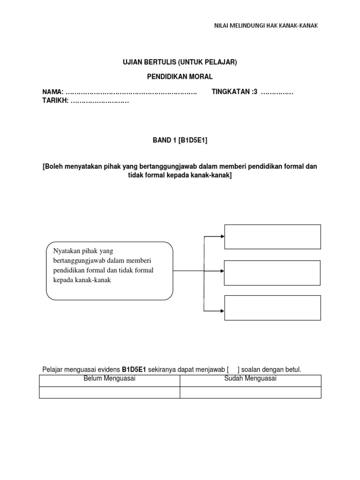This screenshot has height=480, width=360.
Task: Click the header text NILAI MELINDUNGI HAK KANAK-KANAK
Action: point(266,25)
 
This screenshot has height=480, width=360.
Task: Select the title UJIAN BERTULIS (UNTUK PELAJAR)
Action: point(180,62)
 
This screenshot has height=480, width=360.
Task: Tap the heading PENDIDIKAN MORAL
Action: point(180,76)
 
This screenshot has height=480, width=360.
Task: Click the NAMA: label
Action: point(52,92)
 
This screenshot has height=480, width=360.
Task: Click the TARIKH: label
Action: point(56,101)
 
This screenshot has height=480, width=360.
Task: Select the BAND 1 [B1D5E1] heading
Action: point(180,140)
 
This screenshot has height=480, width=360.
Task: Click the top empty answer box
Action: point(273,237)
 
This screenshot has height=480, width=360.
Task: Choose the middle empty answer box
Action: point(273,273)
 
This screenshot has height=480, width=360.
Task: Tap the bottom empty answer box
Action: point(273,307)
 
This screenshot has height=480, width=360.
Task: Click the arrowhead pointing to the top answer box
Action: point(222,236)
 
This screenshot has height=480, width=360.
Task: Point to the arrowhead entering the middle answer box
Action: point(222,271)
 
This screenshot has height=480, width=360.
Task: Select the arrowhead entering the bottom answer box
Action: point(222,310)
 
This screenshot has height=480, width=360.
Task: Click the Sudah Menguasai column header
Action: point(250,379)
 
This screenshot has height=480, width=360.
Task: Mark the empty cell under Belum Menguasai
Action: point(109,392)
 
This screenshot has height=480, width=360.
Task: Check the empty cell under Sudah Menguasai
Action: point(250,392)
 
